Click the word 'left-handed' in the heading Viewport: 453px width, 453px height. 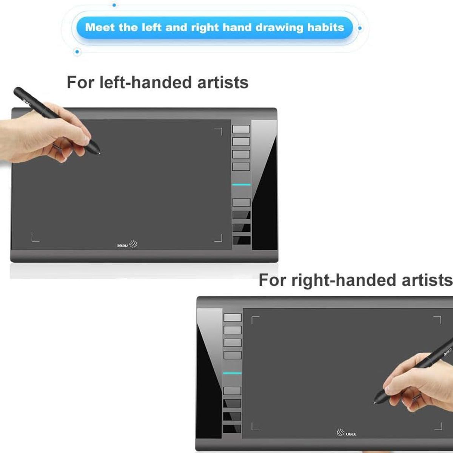(146, 83)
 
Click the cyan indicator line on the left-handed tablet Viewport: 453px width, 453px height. (241, 185)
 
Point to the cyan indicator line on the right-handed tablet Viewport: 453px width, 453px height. (232, 373)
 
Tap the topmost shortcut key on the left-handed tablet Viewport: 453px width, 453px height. (241, 129)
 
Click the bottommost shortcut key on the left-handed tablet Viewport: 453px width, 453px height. (242, 240)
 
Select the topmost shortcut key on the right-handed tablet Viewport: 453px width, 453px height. (233, 317)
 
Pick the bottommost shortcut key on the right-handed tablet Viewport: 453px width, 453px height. (232, 429)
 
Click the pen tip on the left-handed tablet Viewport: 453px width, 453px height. (100, 154)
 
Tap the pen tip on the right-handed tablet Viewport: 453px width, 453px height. (374, 403)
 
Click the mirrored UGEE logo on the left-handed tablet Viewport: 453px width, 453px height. (127, 244)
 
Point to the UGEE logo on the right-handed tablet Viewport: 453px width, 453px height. (347, 433)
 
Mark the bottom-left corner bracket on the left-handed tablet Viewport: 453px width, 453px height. (35, 238)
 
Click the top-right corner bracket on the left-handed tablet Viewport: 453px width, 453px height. (218, 132)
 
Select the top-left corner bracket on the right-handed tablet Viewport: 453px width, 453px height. (256, 320)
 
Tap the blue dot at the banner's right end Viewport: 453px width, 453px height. (360, 28)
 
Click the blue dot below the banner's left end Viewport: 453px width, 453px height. (77, 51)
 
